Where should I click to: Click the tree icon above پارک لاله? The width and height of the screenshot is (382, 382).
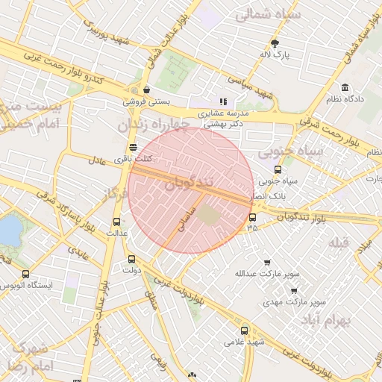275,43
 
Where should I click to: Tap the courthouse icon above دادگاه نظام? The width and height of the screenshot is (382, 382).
345,87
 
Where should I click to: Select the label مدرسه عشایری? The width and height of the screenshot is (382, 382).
218,114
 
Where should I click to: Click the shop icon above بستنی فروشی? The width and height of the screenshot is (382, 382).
135,89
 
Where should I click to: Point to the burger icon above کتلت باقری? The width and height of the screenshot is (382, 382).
133,147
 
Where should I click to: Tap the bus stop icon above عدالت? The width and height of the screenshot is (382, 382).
116,222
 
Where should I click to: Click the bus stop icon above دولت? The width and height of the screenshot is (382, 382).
132,259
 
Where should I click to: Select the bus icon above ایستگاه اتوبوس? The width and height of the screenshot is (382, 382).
27,274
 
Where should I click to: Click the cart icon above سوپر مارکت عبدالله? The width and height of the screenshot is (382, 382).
267,263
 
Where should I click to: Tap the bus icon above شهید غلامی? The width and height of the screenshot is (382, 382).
244,331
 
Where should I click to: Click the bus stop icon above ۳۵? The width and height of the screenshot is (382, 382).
252,217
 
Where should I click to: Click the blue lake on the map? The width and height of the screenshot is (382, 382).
9,230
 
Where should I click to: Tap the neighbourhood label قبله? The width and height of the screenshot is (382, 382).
338,243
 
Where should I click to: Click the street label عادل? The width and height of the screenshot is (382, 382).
98,160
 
